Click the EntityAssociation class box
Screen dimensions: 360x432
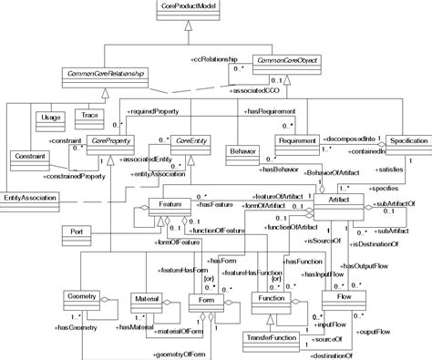tap(30, 197)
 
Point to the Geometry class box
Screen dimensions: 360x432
tap(87, 299)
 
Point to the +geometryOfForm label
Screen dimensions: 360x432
tap(186, 351)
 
